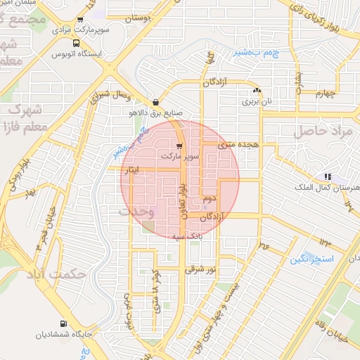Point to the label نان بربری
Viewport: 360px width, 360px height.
pos(256,101)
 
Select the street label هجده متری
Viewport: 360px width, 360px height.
pos(238,144)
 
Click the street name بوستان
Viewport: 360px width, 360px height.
pos(138,19)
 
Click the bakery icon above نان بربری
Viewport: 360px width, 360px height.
pos(256,91)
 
